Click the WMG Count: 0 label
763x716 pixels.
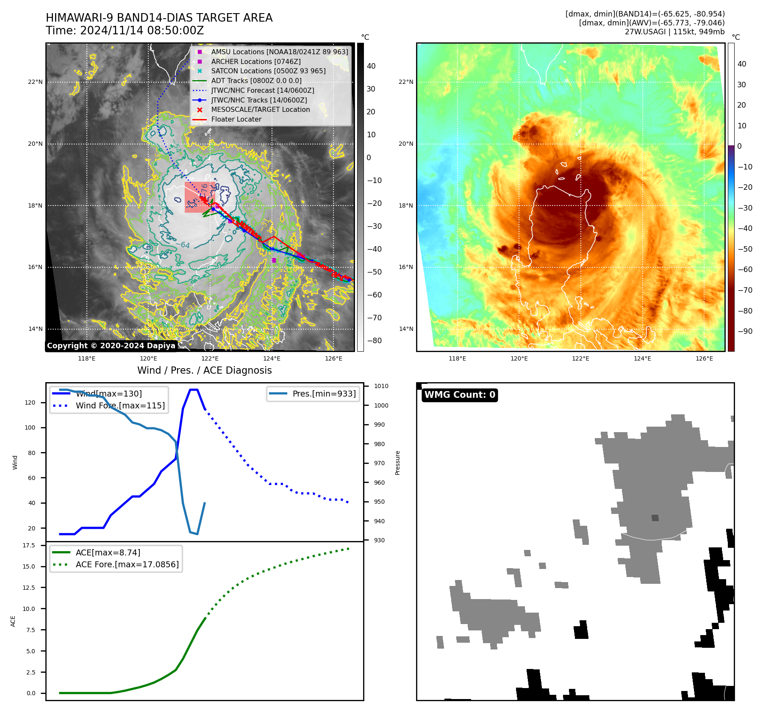point(460,395)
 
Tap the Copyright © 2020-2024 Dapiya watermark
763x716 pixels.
point(111,346)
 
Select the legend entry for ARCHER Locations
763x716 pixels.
point(256,61)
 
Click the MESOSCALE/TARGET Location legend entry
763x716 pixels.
point(260,109)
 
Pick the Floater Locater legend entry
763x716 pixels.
point(236,119)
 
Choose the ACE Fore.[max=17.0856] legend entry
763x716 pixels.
point(127,564)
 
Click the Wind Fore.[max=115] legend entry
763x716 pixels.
point(120,405)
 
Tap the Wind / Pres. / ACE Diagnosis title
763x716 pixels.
point(204,370)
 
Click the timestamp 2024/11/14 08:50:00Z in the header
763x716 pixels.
point(142,31)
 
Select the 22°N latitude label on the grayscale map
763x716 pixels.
point(35,82)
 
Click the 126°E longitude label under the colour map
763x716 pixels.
point(704,358)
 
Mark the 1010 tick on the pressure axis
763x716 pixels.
point(381,386)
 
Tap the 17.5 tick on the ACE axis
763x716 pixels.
point(29,545)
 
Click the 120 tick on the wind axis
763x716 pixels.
point(30,402)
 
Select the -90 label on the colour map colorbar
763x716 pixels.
point(745,331)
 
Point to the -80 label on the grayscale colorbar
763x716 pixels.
point(374,341)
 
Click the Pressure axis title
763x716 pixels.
point(397,463)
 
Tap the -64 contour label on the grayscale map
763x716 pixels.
point(185,245)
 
